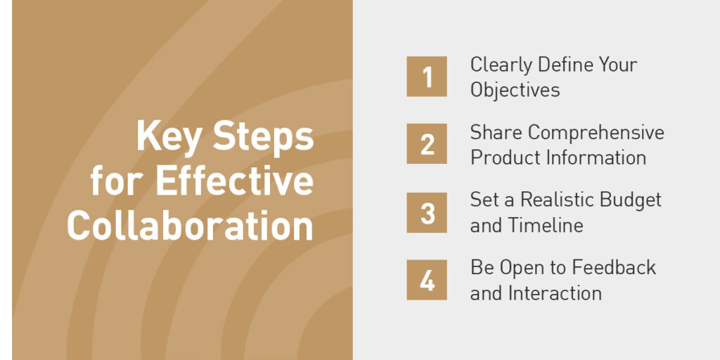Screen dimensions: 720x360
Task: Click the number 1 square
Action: pos(427,76)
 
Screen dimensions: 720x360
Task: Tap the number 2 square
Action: pos(427,143)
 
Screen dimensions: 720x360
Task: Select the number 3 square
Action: pos(427,212)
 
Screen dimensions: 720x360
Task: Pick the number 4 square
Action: pos(427,280)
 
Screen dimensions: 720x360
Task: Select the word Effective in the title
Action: pos(235,181)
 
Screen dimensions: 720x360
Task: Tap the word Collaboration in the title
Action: pos(190,225)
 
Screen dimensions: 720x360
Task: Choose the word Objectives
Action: pos(515,89)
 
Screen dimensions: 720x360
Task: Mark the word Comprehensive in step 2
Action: pos(596,134)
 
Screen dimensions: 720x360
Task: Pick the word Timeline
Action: pos(546,226)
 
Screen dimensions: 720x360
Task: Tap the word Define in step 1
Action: pos(560,64)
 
